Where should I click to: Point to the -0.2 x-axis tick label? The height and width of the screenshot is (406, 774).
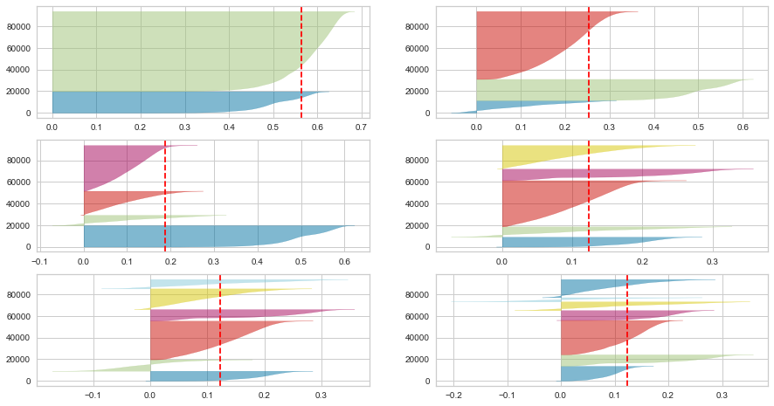coord(453,396)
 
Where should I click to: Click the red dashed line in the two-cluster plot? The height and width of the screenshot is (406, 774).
coord(301,61)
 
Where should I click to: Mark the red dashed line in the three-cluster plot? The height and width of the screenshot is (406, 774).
coord(589,61)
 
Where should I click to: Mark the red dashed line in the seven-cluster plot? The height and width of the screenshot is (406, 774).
coord(627,332)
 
